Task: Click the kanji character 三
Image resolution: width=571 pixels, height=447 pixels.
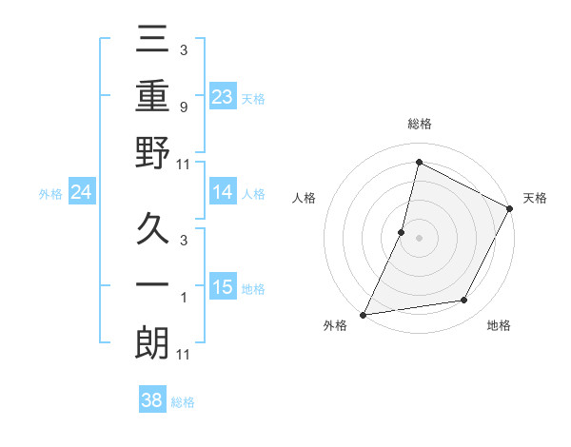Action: pyautogui.click(x=153, y=39)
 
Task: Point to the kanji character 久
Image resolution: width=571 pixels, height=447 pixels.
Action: pyautogui.click(x=153, y=230)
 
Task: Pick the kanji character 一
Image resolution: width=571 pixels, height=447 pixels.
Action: pyautogui.click(x=153, y=286)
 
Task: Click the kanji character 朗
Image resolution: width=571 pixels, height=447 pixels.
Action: pyautogui.click(x=153, y=343)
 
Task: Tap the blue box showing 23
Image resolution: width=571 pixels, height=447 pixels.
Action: pyautogui.click(x=223, y=97)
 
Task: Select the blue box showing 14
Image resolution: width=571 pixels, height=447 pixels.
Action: pyautogui.click(x=223, y=192)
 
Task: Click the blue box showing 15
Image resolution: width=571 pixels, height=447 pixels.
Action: pyautogui.click(x=223, y=287)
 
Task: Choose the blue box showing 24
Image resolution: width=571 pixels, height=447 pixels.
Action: pyautogui.click(x=82, y=192)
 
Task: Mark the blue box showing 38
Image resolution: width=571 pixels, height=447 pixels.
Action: pyautogui.click(x=152, y=400)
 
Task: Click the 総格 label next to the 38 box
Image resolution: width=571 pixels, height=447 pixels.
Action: pyautogui.click(x=183, y=402)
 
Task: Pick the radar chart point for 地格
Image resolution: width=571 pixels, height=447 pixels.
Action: pyautogui.click(x=464, y=301)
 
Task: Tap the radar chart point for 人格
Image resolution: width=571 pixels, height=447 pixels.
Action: pyautogui.click(x=402, y=232)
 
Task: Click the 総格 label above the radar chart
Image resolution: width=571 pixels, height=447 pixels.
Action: pyautogui.click(x=419, y=125)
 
